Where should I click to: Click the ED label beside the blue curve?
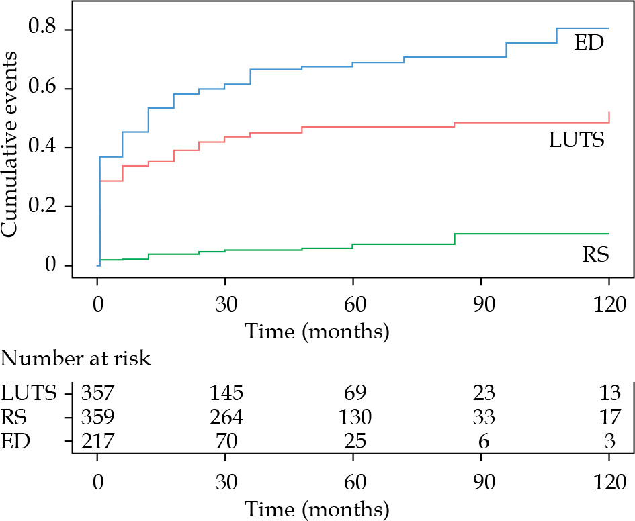click(x=589, y=44)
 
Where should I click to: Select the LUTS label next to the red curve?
click(x=577, y=140)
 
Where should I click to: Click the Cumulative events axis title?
click(x=10, y=148)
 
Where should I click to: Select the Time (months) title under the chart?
click(x=317, y=331)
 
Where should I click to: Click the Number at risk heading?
click(x=76, y=358)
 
